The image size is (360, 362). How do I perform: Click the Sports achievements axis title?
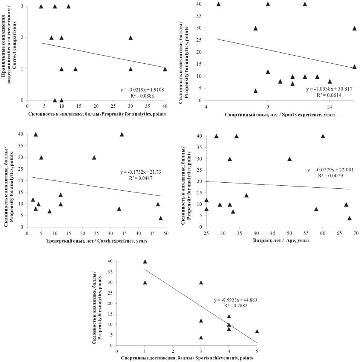click(187, 358)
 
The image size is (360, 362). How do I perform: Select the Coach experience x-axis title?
click(96, 241)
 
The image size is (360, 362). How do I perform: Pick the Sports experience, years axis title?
click(280, 114)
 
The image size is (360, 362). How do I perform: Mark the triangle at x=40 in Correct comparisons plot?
click(165, 69)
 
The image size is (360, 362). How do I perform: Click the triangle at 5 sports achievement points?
click(257, 331)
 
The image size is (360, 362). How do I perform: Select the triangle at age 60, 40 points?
click(323, 136)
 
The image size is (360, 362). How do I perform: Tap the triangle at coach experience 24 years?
click(94, 157)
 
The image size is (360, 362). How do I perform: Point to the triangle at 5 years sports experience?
click(218, 4)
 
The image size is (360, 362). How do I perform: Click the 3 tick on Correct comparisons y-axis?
click(23, 6)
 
